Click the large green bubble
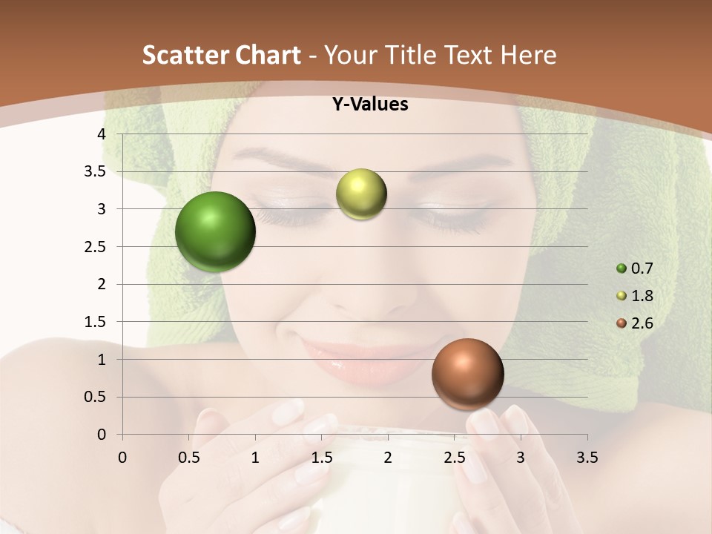[x=215, y=231]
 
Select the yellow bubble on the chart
[x=361, y=194]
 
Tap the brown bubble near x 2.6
[x=467, y=374]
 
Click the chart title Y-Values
[x=370, y=105]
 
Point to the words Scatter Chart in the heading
[x=221, y=55]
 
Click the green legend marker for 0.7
[x=622, y=268]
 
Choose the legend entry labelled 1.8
[x=642, y=296]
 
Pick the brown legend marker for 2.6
[x=622, y=323]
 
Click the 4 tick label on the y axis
[x=102, y=134]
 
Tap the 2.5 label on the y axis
[x=94, y=247]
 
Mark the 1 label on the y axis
[x=102, y=360]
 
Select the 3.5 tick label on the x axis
[x=587, y=457]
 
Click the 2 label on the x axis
[x=388, y=457]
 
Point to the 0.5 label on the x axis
[x=189, y=457]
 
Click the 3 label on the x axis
[x=521, y=457]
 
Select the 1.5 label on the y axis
[x=94, y=322]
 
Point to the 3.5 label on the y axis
[x=94, y=171]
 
